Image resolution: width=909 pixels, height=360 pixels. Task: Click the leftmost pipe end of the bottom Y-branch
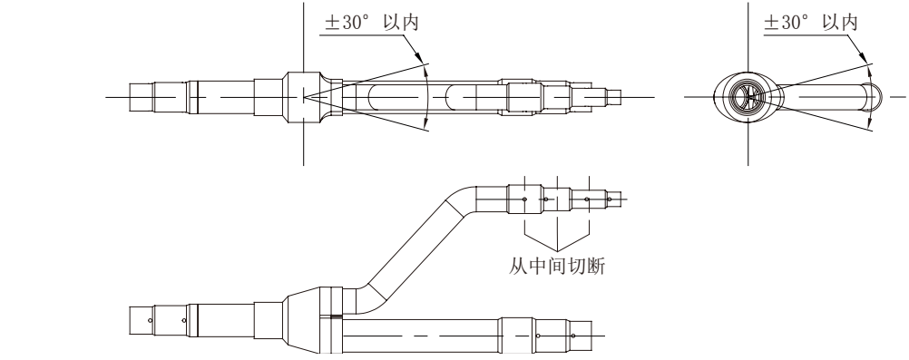pos(140,321)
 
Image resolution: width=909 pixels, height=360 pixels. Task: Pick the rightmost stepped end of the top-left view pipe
pos(616,93)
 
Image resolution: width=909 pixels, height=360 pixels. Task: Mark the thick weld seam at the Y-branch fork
pos(337,316)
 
